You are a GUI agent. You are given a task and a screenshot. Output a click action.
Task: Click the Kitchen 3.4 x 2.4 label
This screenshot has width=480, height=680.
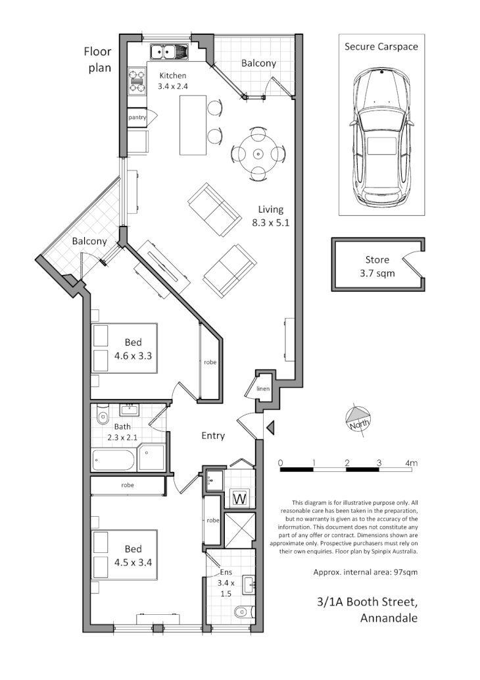coord(173,81)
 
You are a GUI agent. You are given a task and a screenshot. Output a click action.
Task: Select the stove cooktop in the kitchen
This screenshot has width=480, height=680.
coord(137,81)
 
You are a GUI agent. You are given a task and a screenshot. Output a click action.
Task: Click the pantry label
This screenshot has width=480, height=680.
coord(137,117)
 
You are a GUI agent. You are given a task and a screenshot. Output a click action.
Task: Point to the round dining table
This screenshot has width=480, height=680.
coord(258,153)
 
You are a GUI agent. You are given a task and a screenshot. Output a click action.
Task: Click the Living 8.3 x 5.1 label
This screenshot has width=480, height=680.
coord(271,216)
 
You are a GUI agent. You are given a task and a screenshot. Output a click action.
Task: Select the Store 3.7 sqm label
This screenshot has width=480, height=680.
coord(377,266)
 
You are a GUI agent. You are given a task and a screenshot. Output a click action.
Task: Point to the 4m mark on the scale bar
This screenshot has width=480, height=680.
coord(412,463)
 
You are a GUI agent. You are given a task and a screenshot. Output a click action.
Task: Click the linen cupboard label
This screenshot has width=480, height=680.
coord(262,390)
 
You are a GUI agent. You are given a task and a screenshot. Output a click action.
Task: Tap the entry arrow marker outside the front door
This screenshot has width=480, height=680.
coord(270,429)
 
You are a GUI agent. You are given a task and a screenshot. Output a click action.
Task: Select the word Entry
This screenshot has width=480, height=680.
coord(213,435)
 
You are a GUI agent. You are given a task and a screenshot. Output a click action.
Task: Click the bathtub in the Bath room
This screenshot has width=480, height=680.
coord(114,459)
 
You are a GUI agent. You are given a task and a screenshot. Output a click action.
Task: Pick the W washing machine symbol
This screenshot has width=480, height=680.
coord(239,498)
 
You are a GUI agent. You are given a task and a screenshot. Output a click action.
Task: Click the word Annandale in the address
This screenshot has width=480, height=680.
coord(389,618)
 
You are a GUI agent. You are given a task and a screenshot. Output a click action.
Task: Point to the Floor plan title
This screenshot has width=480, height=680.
coord(97,59)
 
